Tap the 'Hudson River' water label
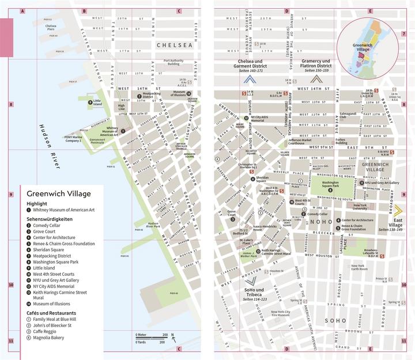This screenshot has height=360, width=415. (50, 146)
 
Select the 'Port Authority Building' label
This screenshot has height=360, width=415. (175, 62)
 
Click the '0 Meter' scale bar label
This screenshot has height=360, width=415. (142, 334)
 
